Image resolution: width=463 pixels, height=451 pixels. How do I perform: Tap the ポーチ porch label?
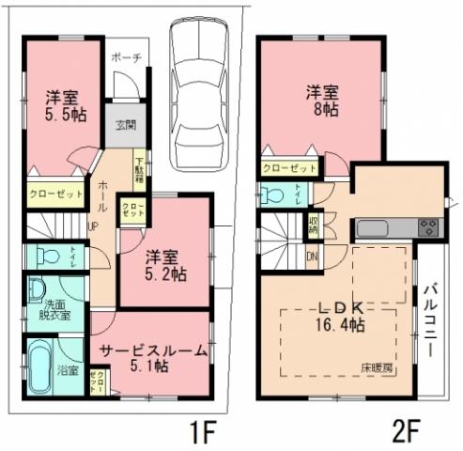(125, 58)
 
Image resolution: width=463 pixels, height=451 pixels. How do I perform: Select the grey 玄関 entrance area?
(125, 126)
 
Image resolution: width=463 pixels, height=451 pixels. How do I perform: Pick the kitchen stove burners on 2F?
(428, 226)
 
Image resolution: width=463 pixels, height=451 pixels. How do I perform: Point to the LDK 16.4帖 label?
(335, 318)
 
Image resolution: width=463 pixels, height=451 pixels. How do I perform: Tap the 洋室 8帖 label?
(323, 100)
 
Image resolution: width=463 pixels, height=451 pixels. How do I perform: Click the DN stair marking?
(313, 256)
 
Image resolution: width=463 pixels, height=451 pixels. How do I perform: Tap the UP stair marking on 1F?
(94, 226)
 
